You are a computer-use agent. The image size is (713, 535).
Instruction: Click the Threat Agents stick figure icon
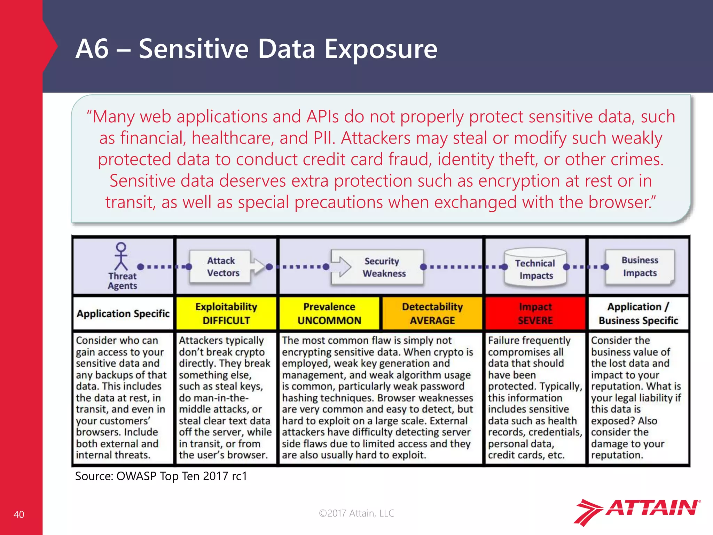(121, 257)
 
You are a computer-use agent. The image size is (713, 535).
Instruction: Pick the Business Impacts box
(640, 266)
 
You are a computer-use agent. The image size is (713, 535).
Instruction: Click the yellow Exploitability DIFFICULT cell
(226, 313)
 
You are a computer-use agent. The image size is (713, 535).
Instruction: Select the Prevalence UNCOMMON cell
(329, 313)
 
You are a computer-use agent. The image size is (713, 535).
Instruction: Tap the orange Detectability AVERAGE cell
(432, 313)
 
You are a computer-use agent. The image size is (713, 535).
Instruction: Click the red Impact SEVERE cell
(535, 313)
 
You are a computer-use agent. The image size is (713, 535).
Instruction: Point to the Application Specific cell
(123, 313)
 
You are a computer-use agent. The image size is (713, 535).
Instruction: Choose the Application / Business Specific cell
(638, 313)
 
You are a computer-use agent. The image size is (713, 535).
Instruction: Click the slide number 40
(19, 514)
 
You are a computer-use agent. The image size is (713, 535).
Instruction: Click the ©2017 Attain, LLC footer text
(356, 513)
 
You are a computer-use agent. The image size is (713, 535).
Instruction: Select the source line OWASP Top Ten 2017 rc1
(161, 476)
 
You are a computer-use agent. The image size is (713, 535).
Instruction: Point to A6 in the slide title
(92, 49)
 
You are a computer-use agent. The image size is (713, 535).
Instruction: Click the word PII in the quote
(324, 138)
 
